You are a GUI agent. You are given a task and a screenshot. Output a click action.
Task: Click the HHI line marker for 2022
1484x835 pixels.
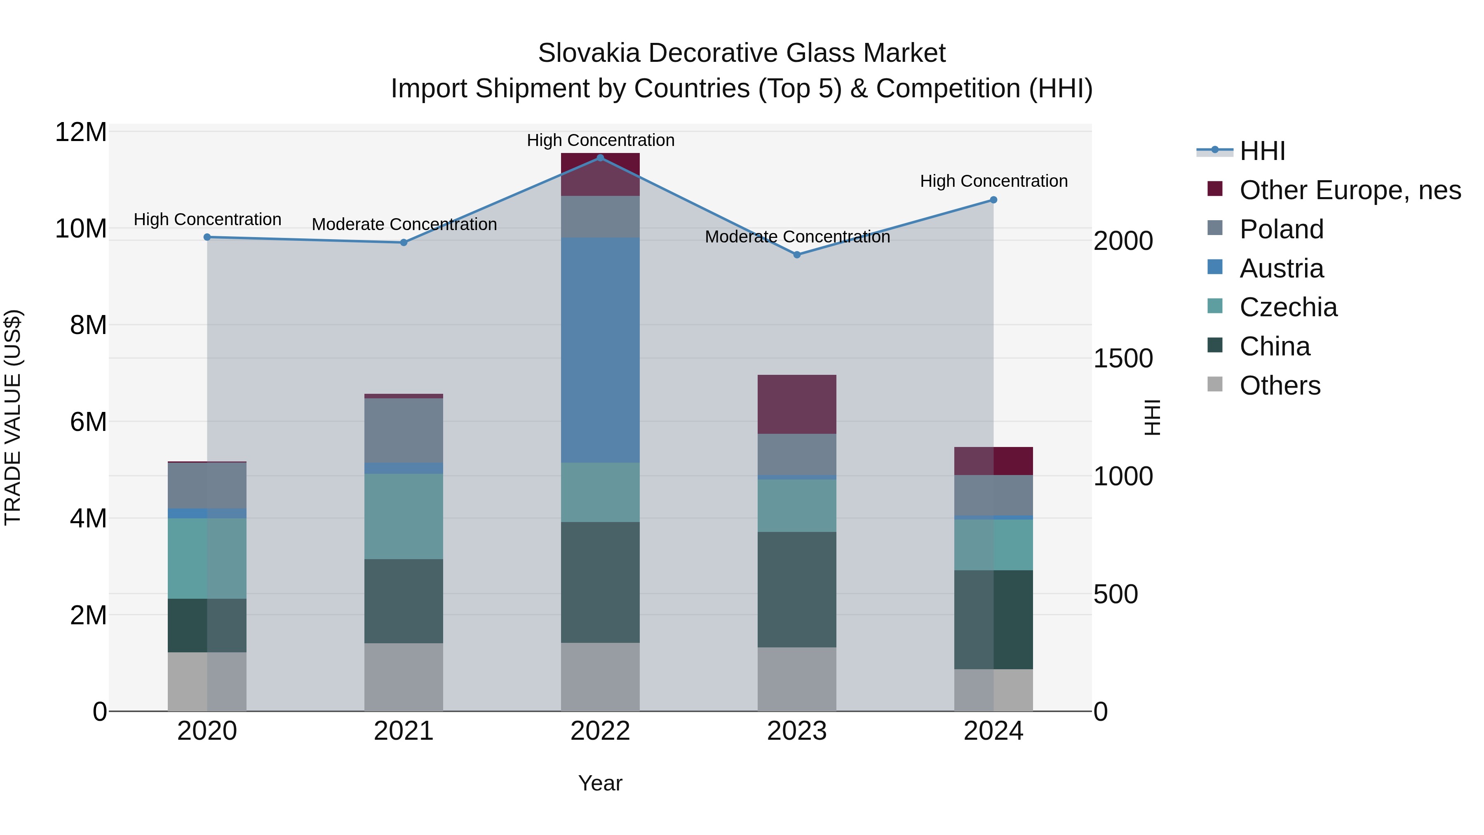[x=600, y=158]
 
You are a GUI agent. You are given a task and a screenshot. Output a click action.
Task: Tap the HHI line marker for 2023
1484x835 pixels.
[x=797, y=255]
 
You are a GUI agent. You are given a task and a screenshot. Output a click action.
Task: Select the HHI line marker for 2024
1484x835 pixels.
[x=993, y=200]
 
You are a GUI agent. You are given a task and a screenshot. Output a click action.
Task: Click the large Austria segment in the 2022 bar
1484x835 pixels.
[x=600, y=350]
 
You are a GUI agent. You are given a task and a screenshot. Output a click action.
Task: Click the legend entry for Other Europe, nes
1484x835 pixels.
[x=1349, y=190]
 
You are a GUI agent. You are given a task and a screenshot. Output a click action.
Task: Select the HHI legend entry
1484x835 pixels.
[x=1262, y=151]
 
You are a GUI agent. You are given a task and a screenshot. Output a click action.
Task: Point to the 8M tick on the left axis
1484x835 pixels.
[x=88, y=325]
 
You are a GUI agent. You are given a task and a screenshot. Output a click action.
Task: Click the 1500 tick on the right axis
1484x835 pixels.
[x=1123, y=358]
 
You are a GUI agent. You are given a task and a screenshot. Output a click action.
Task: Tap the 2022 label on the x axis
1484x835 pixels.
[x=600, y=731]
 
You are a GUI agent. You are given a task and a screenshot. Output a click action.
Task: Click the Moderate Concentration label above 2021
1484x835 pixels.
[x=404, y=224]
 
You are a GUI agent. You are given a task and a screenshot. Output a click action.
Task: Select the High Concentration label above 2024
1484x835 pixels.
[x=993, y=181]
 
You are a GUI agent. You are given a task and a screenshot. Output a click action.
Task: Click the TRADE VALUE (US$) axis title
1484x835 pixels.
[x=13, y=417]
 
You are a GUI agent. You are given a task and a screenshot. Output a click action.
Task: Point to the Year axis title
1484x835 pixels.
[x=600, y=783]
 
